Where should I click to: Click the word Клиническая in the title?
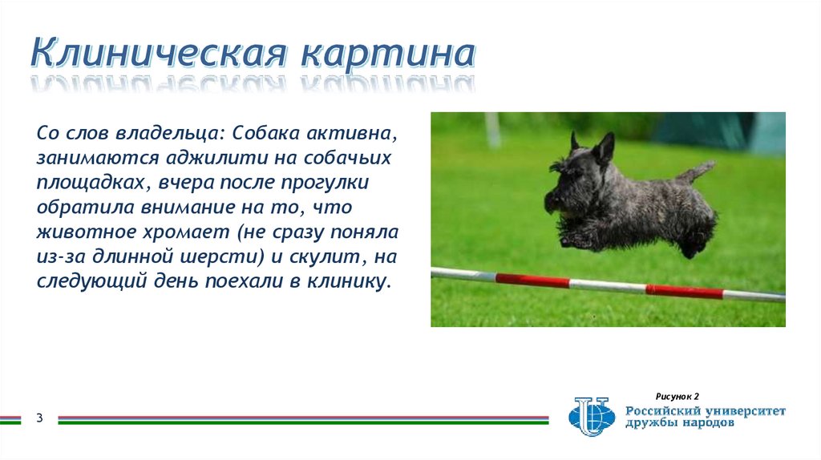[159, 54]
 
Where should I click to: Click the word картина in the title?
[387, 54]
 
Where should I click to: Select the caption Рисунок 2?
[677, 397]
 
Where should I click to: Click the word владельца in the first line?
[169, 130]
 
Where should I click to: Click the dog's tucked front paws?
[576, 239]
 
